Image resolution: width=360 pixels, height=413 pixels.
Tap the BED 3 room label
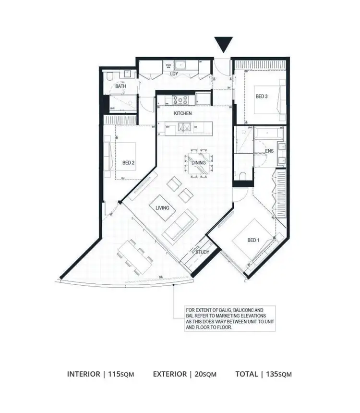(261, 97)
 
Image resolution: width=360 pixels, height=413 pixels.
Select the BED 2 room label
(128, 163)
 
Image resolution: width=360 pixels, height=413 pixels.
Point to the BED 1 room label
(252, 240)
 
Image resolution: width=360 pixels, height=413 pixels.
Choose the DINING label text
(199, 163)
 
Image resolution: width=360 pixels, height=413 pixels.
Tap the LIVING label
(162, 208)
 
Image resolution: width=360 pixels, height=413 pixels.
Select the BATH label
(120, 86)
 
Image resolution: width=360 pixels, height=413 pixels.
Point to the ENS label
(269, 151)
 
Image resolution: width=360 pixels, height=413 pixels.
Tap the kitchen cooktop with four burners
(181, 100)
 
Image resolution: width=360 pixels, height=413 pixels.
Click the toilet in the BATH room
(109, 77)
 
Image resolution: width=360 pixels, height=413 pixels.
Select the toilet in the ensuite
(243, 175)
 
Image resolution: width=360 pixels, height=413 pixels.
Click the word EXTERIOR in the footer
(170, 374)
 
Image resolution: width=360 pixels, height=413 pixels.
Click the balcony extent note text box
(225, 317)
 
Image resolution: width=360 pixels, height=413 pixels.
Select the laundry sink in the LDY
(181, 64)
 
